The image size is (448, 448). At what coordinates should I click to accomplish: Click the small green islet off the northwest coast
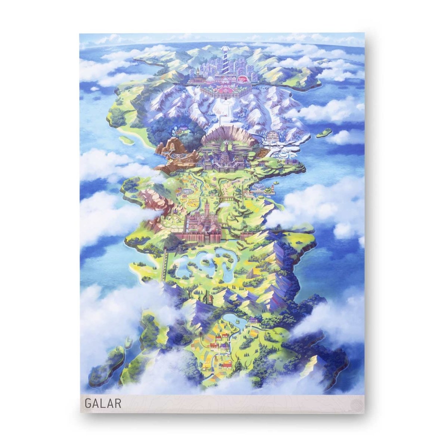(x=128, y=140)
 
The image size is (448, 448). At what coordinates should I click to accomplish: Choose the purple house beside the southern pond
(x=255, y=320)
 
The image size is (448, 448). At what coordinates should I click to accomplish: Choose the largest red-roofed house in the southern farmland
(x=213, y=345)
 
